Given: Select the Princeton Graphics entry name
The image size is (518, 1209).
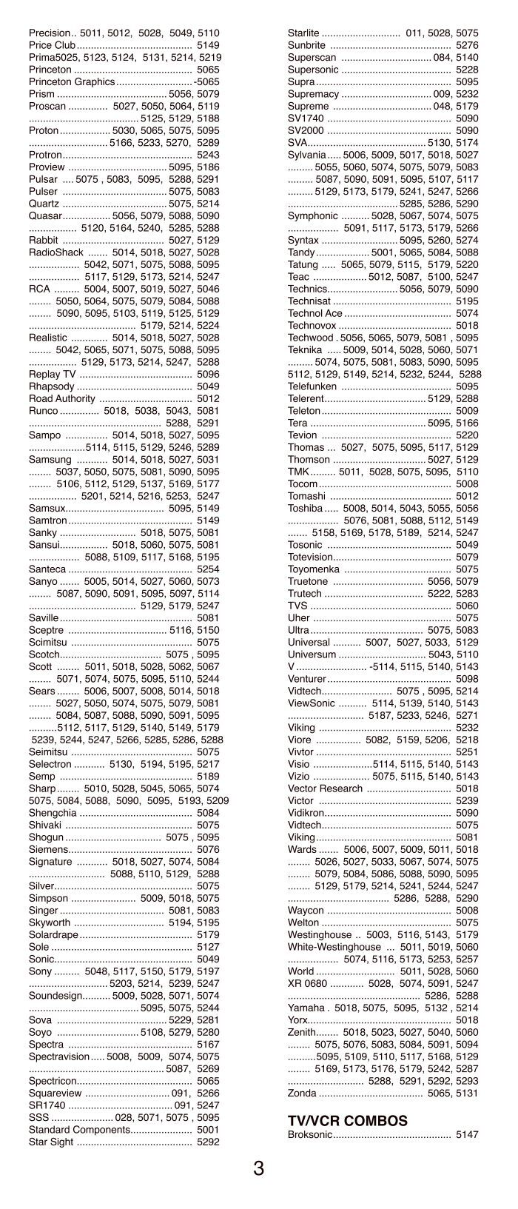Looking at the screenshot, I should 71,81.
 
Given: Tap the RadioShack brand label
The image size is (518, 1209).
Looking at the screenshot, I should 56,252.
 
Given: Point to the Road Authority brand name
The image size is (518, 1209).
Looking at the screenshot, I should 62,398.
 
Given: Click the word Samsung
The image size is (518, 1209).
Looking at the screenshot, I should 50,460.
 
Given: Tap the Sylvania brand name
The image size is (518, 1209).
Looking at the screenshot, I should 306,155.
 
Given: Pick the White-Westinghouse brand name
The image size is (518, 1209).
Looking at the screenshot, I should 334,947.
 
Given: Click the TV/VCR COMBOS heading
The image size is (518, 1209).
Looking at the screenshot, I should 337,1121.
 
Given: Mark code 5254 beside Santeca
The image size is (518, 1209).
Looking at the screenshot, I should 208,569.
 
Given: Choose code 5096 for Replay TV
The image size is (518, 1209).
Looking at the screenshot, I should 208,374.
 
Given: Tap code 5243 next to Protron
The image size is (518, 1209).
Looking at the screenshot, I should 208,155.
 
